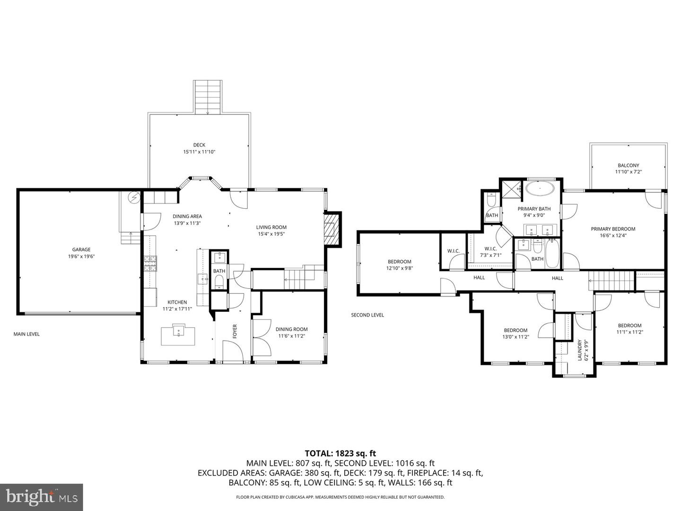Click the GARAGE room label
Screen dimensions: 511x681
click(81, 249)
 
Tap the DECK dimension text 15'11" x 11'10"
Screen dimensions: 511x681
click(199, 152)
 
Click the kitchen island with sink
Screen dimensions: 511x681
click(178, 334)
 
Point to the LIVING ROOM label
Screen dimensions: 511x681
click(271, 227)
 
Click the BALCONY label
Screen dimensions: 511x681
click(628, 166)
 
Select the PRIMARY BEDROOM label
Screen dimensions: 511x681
click(613, 229)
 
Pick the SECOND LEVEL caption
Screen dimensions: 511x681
click(367, 315)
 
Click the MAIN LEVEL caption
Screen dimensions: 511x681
click(26, 334)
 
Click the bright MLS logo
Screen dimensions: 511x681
click(41, 496)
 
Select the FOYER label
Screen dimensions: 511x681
click(235, 331)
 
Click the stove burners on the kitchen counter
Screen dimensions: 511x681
click(150, 264)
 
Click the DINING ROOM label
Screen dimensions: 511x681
click(291, 329)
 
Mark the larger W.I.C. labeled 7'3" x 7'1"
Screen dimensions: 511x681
click(490, 249)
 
